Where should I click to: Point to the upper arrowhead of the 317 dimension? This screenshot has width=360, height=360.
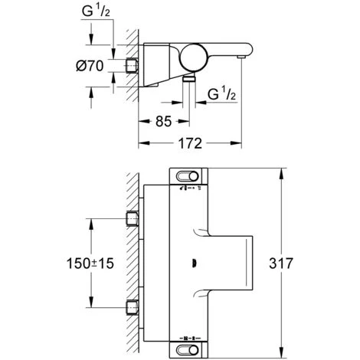(283, 171)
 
